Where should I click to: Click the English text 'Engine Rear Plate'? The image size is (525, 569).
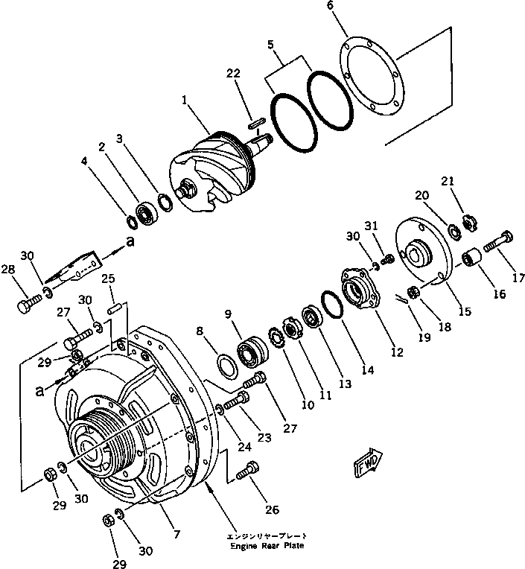coord(266,546)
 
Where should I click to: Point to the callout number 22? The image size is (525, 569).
coord(233,73)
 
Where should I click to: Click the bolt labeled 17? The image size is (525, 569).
coord(499,241)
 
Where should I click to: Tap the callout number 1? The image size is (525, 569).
coord(182,100)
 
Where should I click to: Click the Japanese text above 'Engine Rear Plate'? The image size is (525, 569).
coord(266,535)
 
